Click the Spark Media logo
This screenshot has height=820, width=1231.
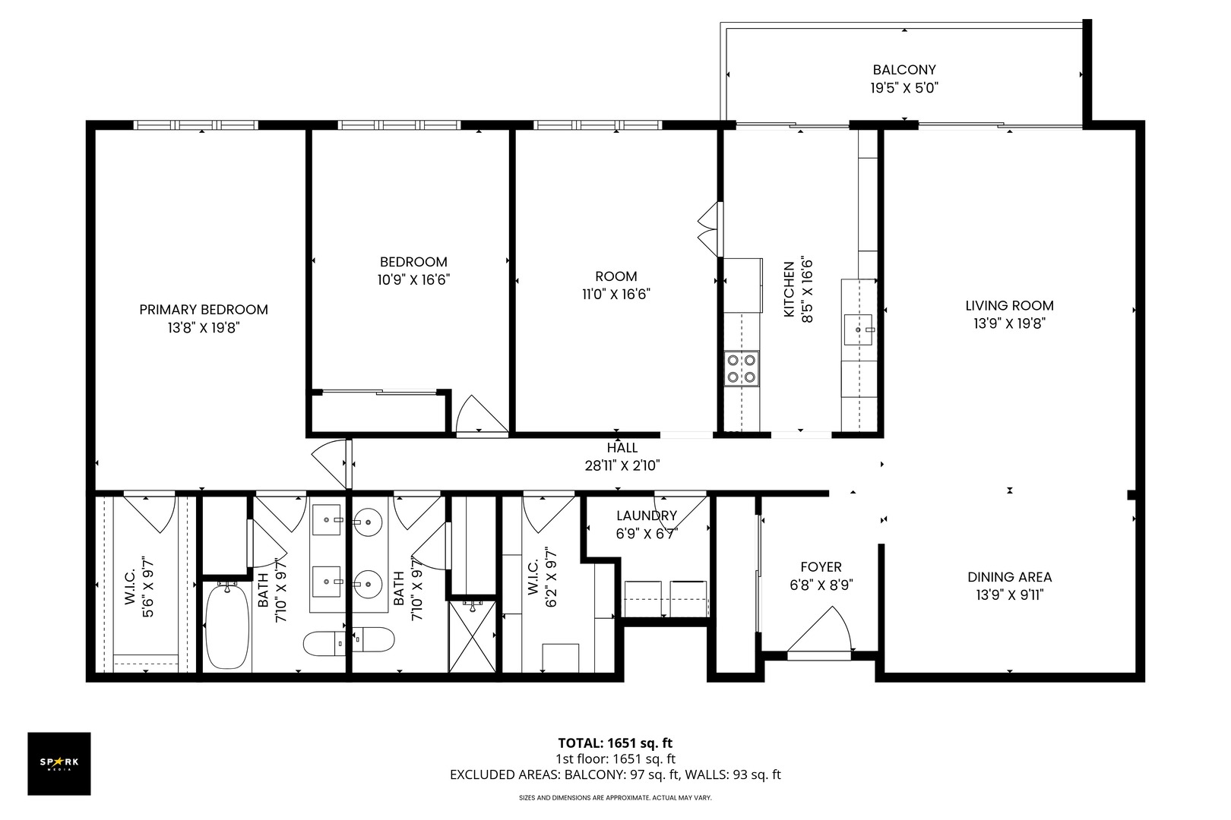[59, 763]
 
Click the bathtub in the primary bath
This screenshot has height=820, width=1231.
[226, 627]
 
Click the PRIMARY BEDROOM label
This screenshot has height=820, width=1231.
[204, 310]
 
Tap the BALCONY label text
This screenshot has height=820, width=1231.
[904, 69]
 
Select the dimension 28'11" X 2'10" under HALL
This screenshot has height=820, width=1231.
[622, 466]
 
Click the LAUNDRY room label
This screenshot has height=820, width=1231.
[647, 516]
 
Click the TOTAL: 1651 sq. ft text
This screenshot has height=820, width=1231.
[615, 743]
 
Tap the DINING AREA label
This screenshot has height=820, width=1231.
[1009, 577]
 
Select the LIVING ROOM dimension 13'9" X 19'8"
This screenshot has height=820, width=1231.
[1009, 323]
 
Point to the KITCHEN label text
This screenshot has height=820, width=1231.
[789, 290]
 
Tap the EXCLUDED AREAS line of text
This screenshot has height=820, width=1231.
[615, 775]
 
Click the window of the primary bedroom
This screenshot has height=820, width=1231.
[196, 125]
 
